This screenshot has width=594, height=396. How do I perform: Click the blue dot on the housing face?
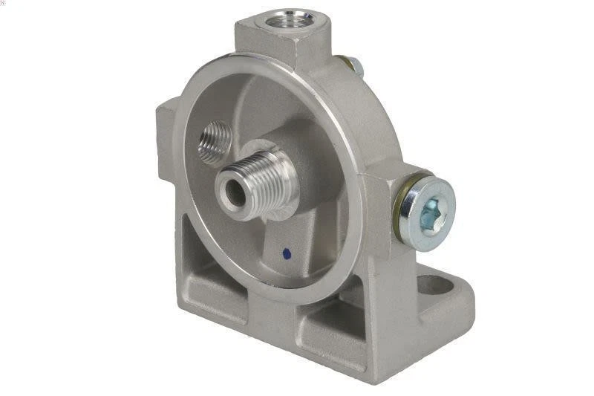[287, 254]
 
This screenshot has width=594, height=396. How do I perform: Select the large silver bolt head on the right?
[428, 207]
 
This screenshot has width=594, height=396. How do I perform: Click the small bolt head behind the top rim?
[356, 67]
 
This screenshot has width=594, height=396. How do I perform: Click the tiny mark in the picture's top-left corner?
[4, 3]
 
